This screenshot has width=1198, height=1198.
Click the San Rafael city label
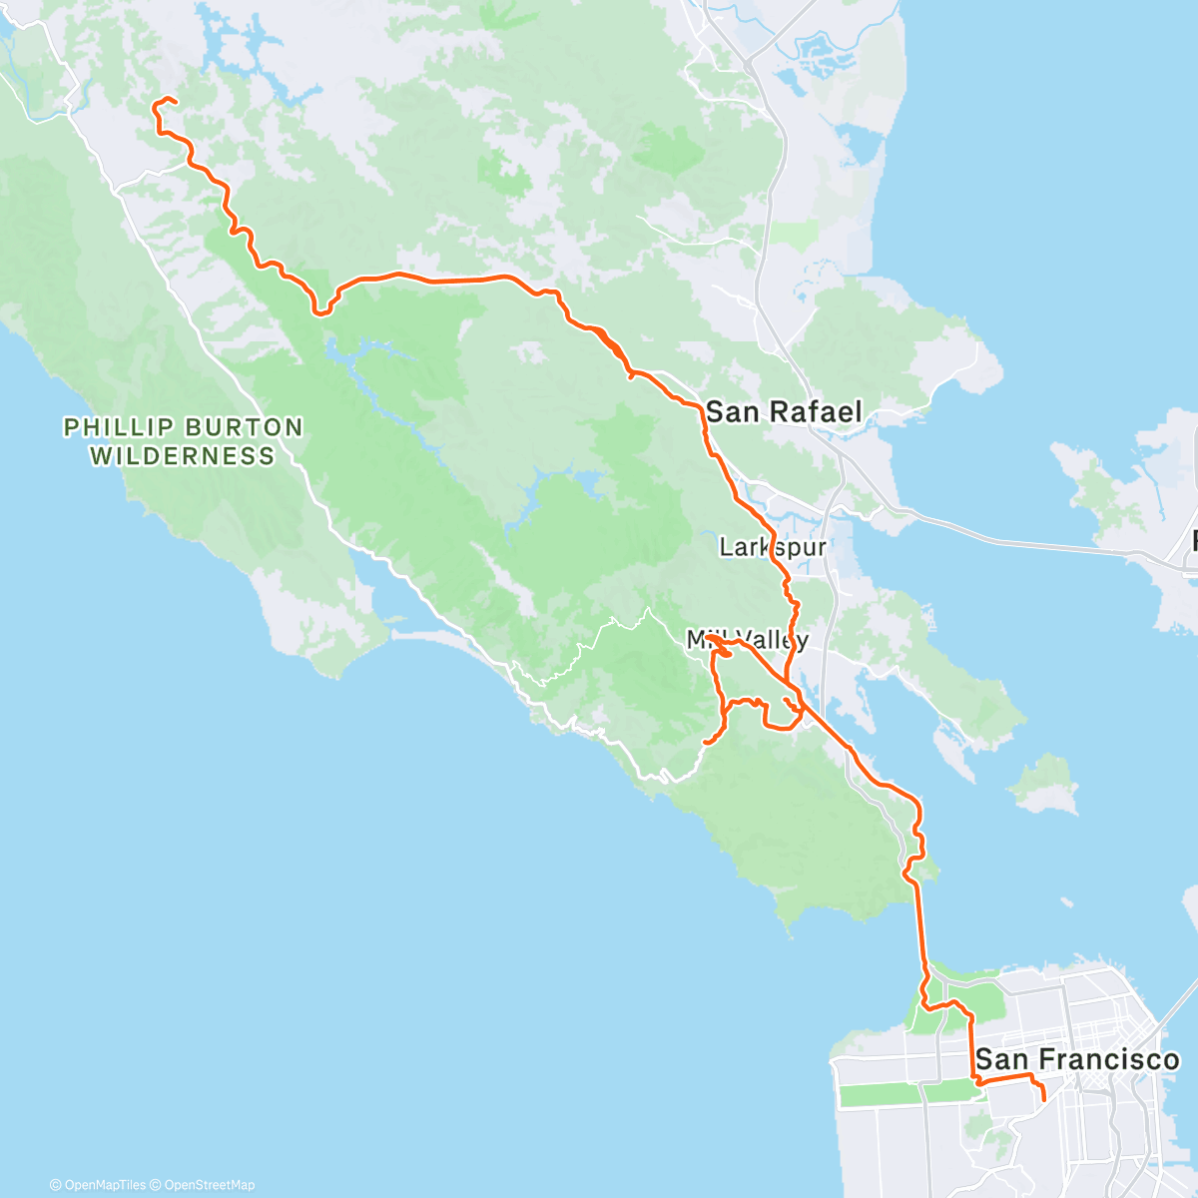784,411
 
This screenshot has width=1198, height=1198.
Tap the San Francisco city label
1077,1059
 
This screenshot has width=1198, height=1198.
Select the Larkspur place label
773,547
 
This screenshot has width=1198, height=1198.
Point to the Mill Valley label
747,639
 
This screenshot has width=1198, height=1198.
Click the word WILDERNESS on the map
183,456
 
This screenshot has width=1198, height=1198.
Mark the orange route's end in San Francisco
1043,1099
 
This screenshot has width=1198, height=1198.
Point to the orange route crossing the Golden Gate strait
918,928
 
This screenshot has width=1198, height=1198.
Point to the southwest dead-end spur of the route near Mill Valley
706,742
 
